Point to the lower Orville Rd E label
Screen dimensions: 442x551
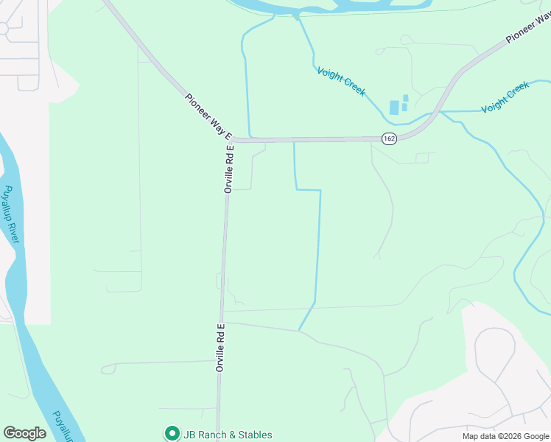(220, 346)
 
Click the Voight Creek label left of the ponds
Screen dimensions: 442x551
(341, 81)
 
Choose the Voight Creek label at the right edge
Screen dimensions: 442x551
(505, 97)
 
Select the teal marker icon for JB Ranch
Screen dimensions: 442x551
(172, 434)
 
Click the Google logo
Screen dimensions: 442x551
(24, 433)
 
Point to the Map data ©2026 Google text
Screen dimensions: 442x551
(505, 436)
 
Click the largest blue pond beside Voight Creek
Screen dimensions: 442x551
(394, 108)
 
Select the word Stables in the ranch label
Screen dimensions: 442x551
(253, 435)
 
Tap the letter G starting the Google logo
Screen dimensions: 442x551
(10, 433)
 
